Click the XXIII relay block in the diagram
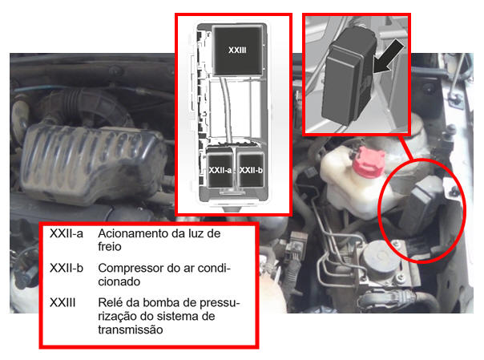(238, 51)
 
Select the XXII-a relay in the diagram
(220, 168)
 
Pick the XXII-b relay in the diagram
(250, 168)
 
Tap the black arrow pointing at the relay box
(389, 57)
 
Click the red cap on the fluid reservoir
(369, 161)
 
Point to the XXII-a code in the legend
(67, 234)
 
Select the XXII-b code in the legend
(67, 268)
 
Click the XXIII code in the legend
(63, 302)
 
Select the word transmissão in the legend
(131, 330)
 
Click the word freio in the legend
(110, 247)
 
